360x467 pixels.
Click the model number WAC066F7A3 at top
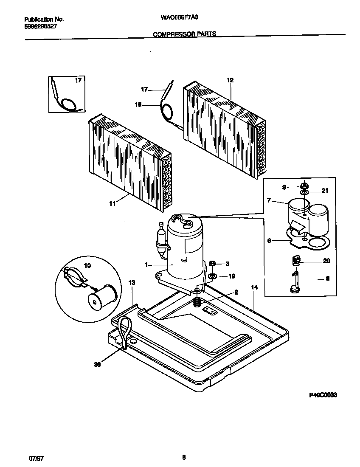(180, 19)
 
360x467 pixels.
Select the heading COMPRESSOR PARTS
(184, 34)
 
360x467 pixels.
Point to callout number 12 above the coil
(230, 80)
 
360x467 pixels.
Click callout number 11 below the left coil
(112, 204)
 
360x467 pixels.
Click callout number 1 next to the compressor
(146, 264)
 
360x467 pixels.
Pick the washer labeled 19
(213, 276)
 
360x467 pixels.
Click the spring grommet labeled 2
(197, 303)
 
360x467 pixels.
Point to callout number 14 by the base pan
(254, 287)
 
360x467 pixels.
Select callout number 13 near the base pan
(132, 282)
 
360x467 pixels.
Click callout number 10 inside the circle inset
(87, 266)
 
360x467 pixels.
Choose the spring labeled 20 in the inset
(297, 261)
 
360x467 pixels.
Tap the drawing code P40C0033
(323, 395)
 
